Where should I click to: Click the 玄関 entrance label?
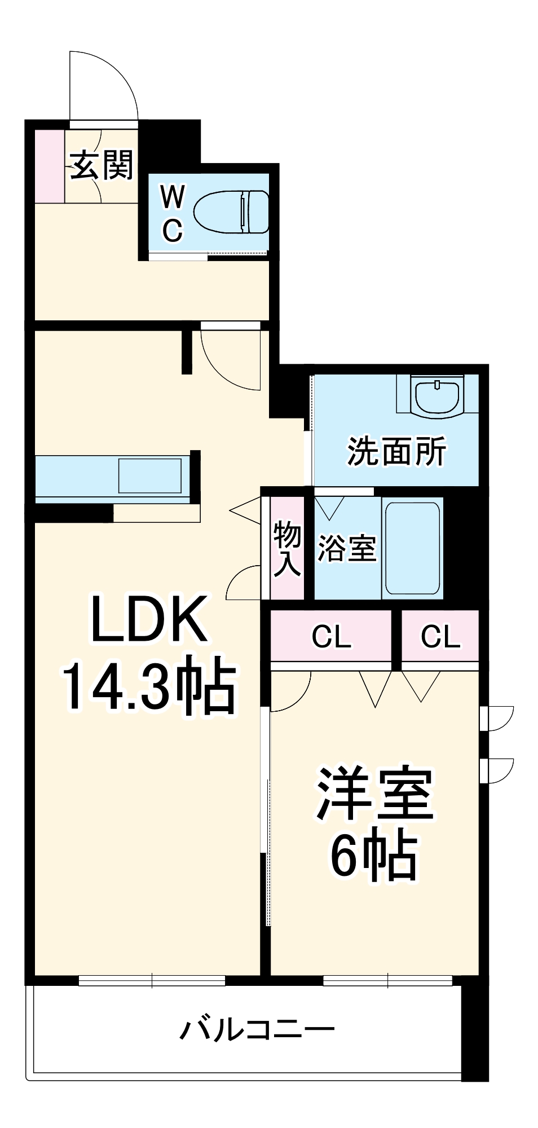102,165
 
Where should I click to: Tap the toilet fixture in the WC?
231,211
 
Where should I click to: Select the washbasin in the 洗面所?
437,398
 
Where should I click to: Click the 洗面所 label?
396,451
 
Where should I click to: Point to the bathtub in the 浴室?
413,548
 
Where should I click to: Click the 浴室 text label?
346,547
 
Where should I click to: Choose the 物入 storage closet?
287,548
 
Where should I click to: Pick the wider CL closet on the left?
331,636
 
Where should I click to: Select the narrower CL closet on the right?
440,636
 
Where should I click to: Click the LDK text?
149,619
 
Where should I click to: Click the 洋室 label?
374,794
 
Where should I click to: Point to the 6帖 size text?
374,856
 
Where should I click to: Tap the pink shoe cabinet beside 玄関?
50,166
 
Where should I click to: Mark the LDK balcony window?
152,981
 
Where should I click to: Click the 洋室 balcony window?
388,981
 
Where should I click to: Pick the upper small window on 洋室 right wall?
496,718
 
